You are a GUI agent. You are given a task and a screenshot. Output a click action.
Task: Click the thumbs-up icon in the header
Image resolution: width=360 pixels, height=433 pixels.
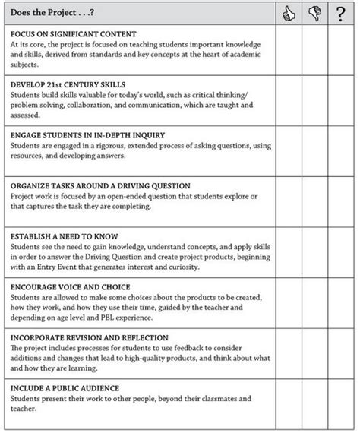(x=288, y=14)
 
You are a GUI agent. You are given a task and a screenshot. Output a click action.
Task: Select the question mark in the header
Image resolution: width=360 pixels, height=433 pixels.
(x=341, y=14)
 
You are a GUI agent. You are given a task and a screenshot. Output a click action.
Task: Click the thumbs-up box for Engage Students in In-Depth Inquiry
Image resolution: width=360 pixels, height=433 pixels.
(x=288, y=150)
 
